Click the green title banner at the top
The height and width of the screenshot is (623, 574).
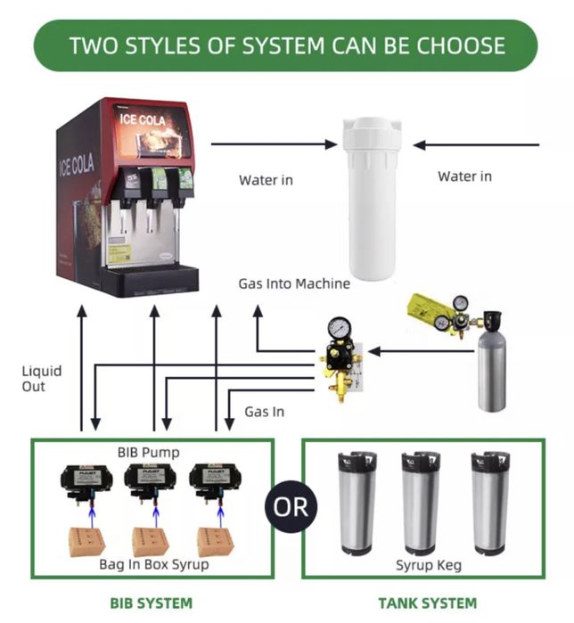(x=286, y=45)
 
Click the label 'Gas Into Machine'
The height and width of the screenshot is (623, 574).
(x=293, y=284)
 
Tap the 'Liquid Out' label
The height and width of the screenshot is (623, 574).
(x=42, y=378)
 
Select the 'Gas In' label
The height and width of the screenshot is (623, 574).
(x=265, y=412)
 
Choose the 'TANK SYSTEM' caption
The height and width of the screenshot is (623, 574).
(x=427, y=603)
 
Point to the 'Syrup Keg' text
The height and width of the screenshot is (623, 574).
(x=426, y=565)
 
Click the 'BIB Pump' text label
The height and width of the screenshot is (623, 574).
(x=148, y=453)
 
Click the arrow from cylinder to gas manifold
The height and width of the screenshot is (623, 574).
(x=420, y=351)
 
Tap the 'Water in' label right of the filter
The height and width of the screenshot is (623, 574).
(x=463, y=176)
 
